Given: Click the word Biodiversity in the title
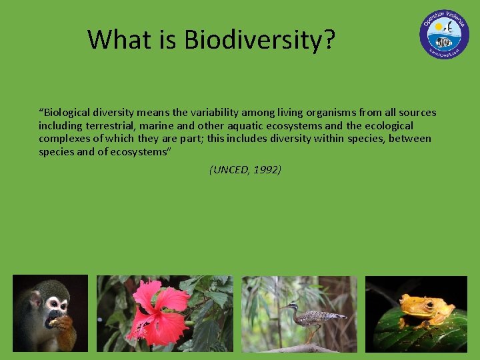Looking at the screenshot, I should click(259, 40).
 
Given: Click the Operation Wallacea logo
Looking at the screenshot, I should click(444, 34).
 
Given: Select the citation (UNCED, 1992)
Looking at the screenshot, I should click(245, 169).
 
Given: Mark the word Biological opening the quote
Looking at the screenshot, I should click(67, 113).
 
